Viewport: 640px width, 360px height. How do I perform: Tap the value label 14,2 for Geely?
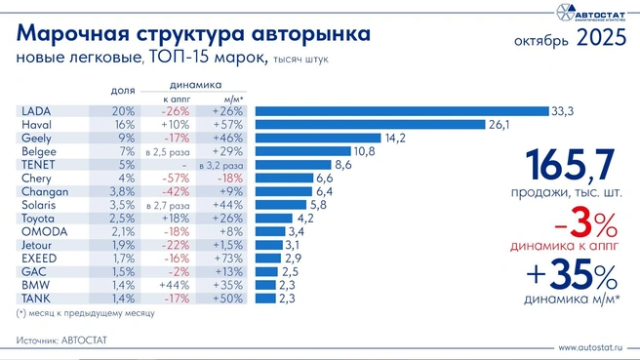(x=395, y=139)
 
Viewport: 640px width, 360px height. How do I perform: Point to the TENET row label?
(x=36, y=165)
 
